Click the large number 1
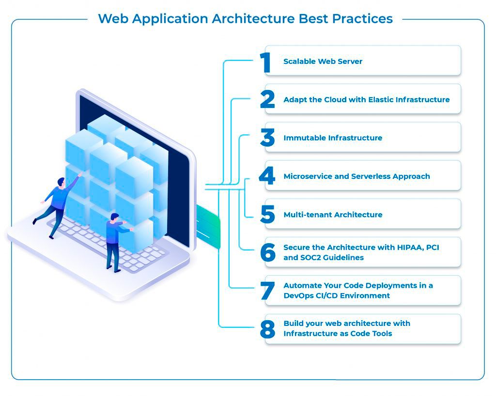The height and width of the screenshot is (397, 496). tap(265, 62)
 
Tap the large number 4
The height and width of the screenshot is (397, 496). tap(267, 176)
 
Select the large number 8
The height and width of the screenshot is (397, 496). tap(267, 329)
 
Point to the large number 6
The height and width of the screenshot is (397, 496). tap(267, 253)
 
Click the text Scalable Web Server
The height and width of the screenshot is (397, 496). tap(323, 61)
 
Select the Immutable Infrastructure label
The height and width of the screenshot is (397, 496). tap(333, 138)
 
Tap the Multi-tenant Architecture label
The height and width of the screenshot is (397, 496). tap(333, 215)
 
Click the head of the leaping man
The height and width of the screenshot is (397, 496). tap(61, 182)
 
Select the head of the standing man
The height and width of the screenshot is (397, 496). tap(115, 217)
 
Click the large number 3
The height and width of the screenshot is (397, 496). tap(267, 138)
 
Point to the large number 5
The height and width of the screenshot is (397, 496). tap(267, 215)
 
